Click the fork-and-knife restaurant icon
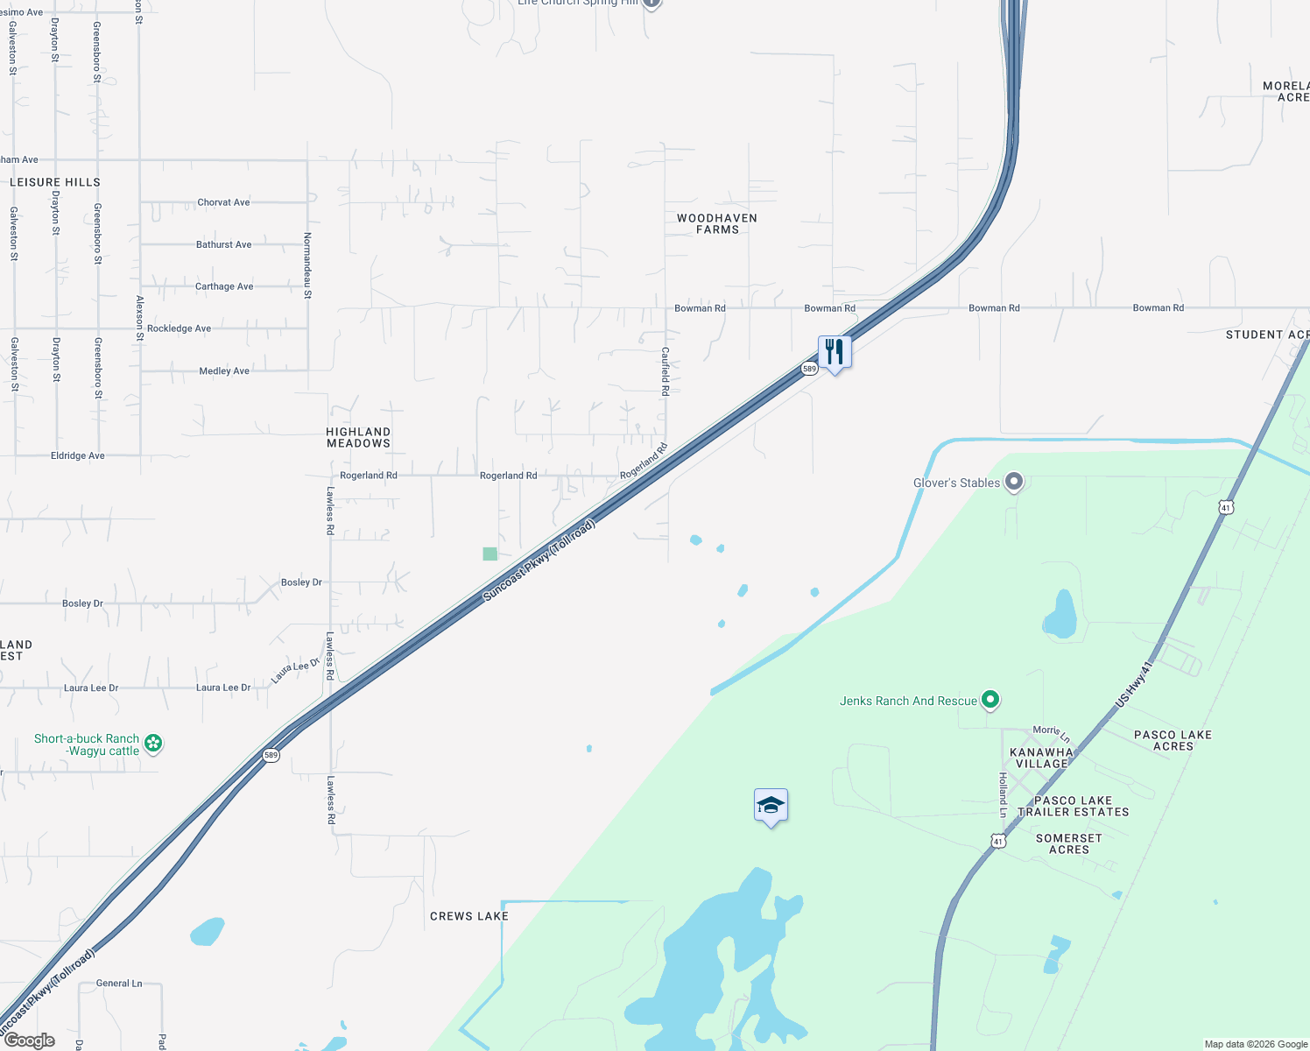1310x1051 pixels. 835,352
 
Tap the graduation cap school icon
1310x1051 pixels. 771,805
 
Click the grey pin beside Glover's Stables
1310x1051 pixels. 1014,482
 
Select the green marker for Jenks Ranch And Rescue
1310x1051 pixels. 990,700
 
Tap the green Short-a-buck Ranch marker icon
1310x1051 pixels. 153,744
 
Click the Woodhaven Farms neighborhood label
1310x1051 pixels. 717,223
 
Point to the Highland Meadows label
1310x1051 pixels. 358,437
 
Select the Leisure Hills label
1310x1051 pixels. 55,182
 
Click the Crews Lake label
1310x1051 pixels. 469,916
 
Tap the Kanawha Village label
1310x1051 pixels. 1041,758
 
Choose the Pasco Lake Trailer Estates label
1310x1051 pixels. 1073,806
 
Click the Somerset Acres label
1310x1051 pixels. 1069,843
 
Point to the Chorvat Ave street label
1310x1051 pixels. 223,202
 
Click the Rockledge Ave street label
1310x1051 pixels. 179,328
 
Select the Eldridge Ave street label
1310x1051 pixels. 78,455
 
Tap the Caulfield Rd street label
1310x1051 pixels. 665,371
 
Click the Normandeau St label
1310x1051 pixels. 307,265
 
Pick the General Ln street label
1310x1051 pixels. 119,984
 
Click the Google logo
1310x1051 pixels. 30,1040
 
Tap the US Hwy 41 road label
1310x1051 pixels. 1136,684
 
